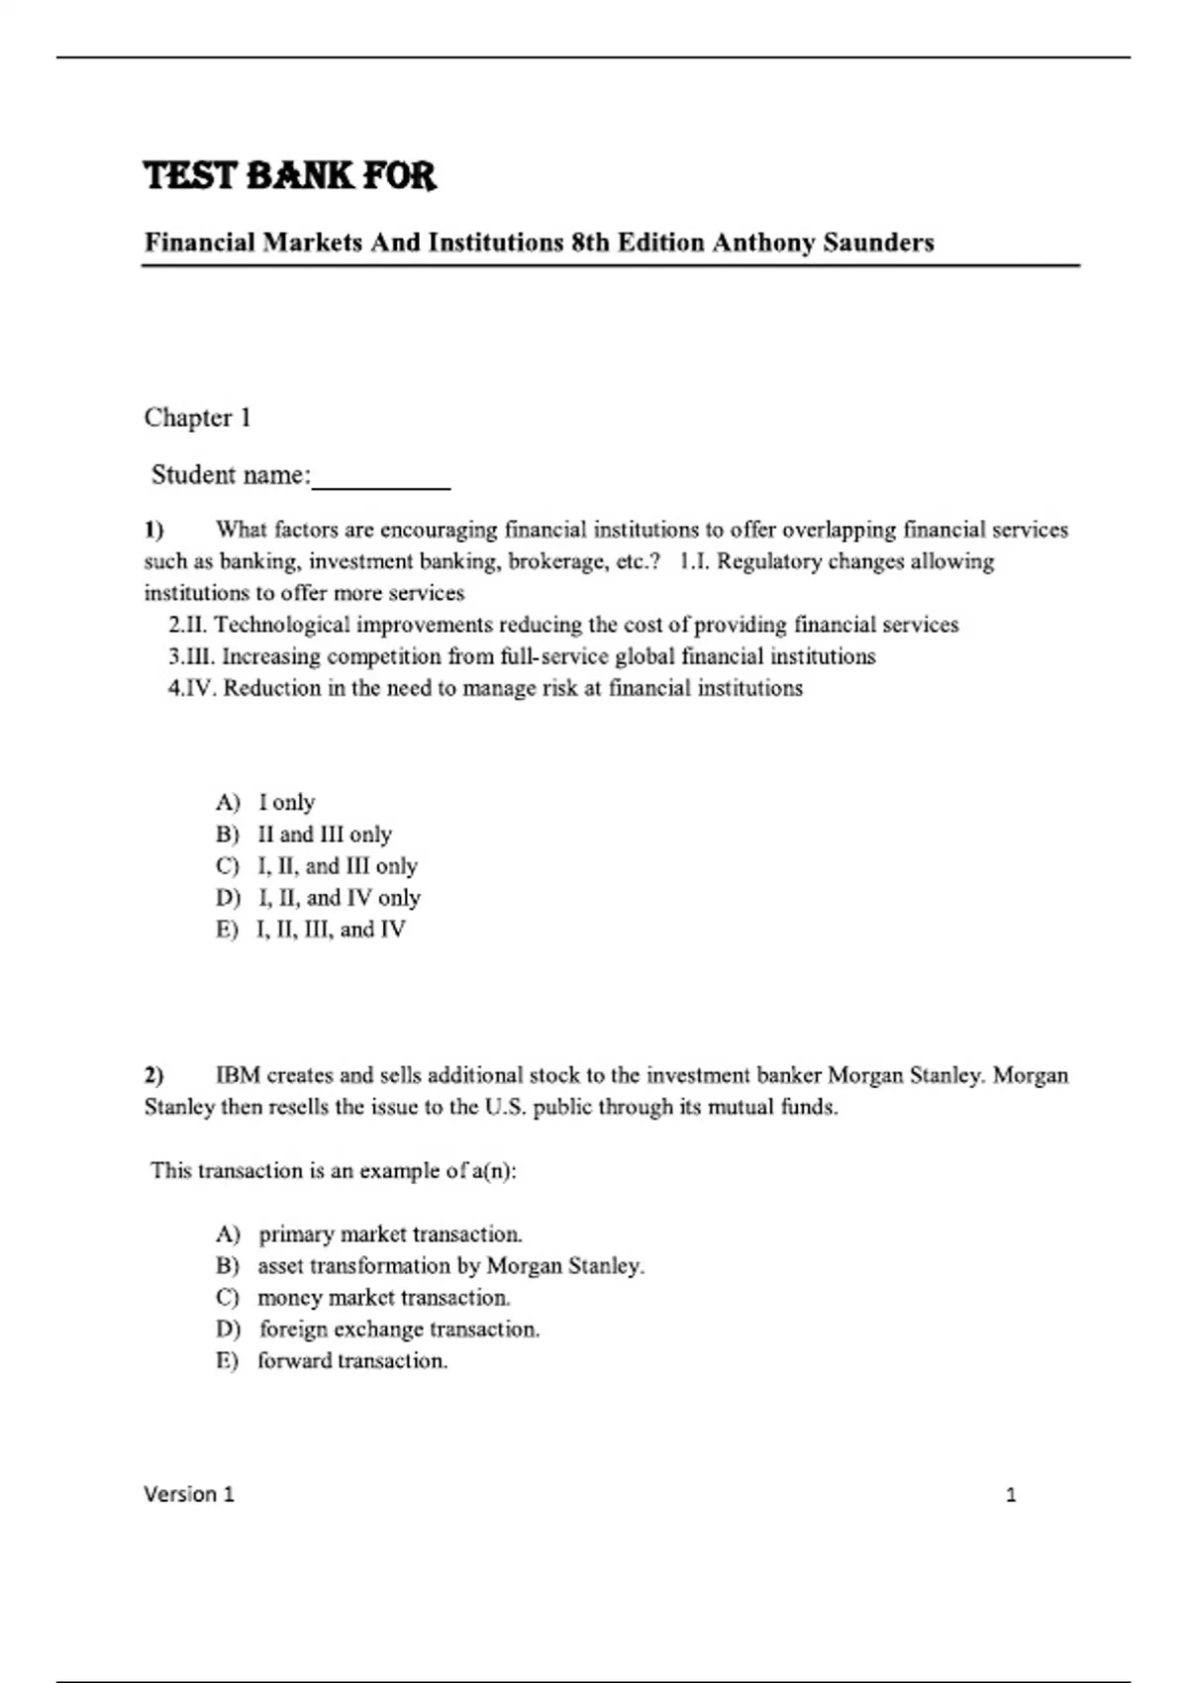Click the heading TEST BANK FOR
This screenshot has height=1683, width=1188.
coord(289,176)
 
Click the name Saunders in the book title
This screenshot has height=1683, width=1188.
coord(878,243)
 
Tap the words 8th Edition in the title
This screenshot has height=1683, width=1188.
coord(638,243)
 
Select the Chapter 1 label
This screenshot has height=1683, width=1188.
coord(197,418)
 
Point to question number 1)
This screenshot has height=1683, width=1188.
coord(154,530)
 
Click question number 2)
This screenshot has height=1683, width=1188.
coord(154,1075)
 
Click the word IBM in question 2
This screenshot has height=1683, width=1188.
coord(238,1075)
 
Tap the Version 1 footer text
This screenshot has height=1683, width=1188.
coord(189,1494)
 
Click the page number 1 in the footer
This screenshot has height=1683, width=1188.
coord(1011,1495)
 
